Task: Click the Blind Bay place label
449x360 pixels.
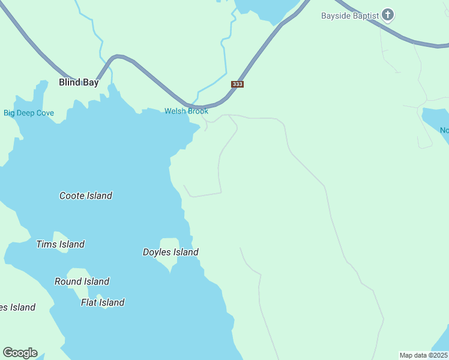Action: click(79, 83)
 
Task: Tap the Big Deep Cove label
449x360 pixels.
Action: click(29, 113)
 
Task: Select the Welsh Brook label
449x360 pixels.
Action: click(187, 111)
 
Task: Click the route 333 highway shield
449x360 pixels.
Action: click(237, 84)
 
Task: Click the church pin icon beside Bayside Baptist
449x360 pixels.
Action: click(388, 14)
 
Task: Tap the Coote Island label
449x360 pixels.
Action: click(86, 196)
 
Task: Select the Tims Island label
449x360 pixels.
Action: click(60, 244)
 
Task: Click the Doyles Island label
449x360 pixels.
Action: click(170, 252)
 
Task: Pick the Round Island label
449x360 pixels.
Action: click(82, 281)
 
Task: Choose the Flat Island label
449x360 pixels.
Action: click(103, 302)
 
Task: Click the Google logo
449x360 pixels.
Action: click(20, 353)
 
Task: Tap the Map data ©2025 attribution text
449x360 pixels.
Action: click(424, 355)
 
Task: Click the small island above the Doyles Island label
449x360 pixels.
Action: click(170, 242)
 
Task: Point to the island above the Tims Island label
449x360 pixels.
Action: click(60, 235)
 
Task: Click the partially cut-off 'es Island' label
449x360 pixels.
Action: click(17, 307)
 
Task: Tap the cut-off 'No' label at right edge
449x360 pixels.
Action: click(444, 130)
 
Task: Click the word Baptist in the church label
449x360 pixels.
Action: click(366, 16)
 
